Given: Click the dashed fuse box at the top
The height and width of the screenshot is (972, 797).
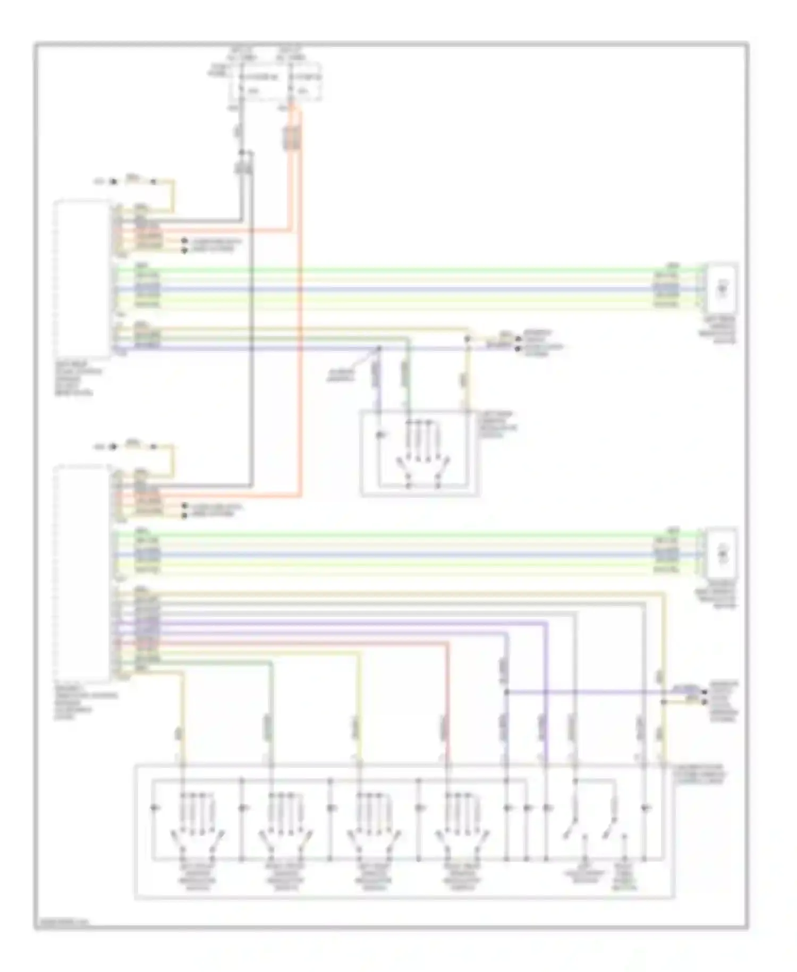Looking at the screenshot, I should [275, 82].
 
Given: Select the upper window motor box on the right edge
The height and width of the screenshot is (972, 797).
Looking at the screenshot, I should [722, 288].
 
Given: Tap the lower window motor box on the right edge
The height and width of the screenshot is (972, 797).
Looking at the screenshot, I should [722, 553].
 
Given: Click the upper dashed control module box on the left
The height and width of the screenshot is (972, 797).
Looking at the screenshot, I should [82, 279].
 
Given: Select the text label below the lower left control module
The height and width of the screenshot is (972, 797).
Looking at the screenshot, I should [85, 702].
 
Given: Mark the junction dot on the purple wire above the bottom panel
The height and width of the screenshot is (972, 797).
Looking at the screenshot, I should [506, 692].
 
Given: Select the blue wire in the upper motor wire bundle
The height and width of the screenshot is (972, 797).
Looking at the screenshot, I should [404, 290].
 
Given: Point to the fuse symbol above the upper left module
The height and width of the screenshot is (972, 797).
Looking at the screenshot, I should [133, 181].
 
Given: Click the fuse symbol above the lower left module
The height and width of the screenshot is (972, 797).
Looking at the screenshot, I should [133, 446].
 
